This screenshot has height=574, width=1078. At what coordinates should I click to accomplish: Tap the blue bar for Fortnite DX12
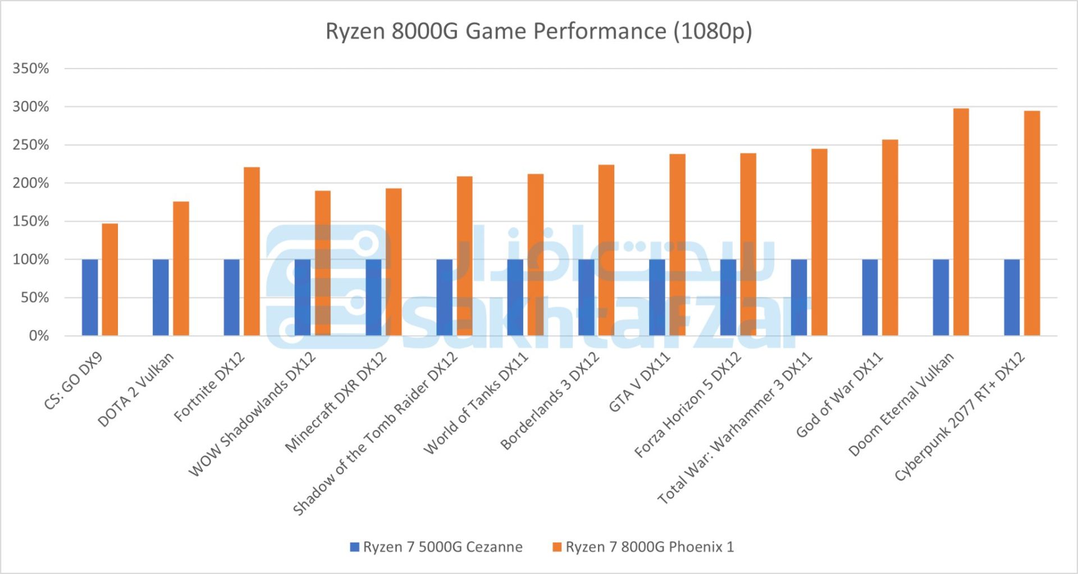point(231,298)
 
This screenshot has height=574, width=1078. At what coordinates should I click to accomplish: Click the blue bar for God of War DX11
point(870,298)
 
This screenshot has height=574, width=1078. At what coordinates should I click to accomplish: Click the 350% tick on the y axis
point(31,69)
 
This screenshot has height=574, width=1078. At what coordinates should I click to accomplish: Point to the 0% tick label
point(39,336)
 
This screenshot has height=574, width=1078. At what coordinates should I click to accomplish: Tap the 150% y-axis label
point(31,221)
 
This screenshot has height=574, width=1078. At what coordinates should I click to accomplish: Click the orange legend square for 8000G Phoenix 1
point(557,547)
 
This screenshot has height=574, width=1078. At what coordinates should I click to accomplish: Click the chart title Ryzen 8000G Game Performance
point(538,31)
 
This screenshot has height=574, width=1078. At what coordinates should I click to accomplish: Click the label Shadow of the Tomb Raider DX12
point(375,434)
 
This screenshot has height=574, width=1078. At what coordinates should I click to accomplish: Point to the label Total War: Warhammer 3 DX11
point(735,428)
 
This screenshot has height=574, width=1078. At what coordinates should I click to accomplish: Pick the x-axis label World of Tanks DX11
point(476,403)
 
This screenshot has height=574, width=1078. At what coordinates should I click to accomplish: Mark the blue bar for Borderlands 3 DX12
point(586,298)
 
